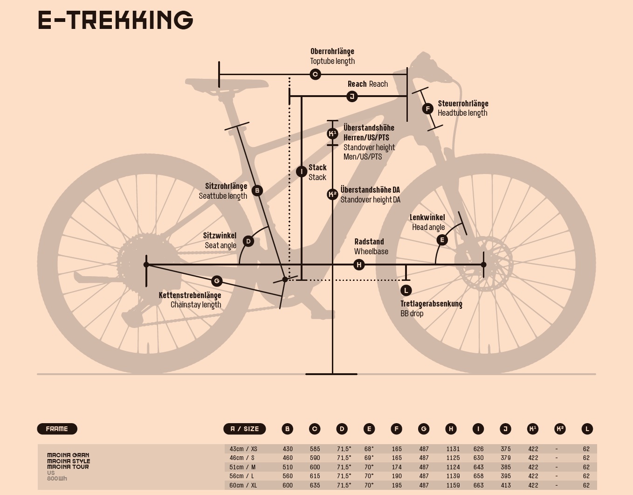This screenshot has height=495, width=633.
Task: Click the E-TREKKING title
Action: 115,20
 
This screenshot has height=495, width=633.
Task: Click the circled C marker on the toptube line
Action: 315,74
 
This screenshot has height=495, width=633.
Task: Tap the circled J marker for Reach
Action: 352,97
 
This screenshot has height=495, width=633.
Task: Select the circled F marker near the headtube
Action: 427,109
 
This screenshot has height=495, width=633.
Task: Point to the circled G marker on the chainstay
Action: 216,281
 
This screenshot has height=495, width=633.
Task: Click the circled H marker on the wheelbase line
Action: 359,265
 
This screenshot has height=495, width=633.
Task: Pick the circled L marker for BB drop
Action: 406,290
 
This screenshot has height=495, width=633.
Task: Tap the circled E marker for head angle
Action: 442,240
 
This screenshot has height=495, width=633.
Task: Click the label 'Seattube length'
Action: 223,196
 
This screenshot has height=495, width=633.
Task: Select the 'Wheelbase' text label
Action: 371,251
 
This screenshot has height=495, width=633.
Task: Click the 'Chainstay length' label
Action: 196,305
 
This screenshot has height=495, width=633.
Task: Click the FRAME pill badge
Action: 57,429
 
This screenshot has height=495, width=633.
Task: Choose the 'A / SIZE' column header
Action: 245,429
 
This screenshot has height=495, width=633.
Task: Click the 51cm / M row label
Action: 242,467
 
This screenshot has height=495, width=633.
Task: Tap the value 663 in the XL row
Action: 478,485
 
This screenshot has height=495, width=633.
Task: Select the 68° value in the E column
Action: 369,449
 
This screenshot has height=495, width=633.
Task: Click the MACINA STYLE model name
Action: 69,461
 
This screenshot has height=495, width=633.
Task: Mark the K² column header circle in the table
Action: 560,429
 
